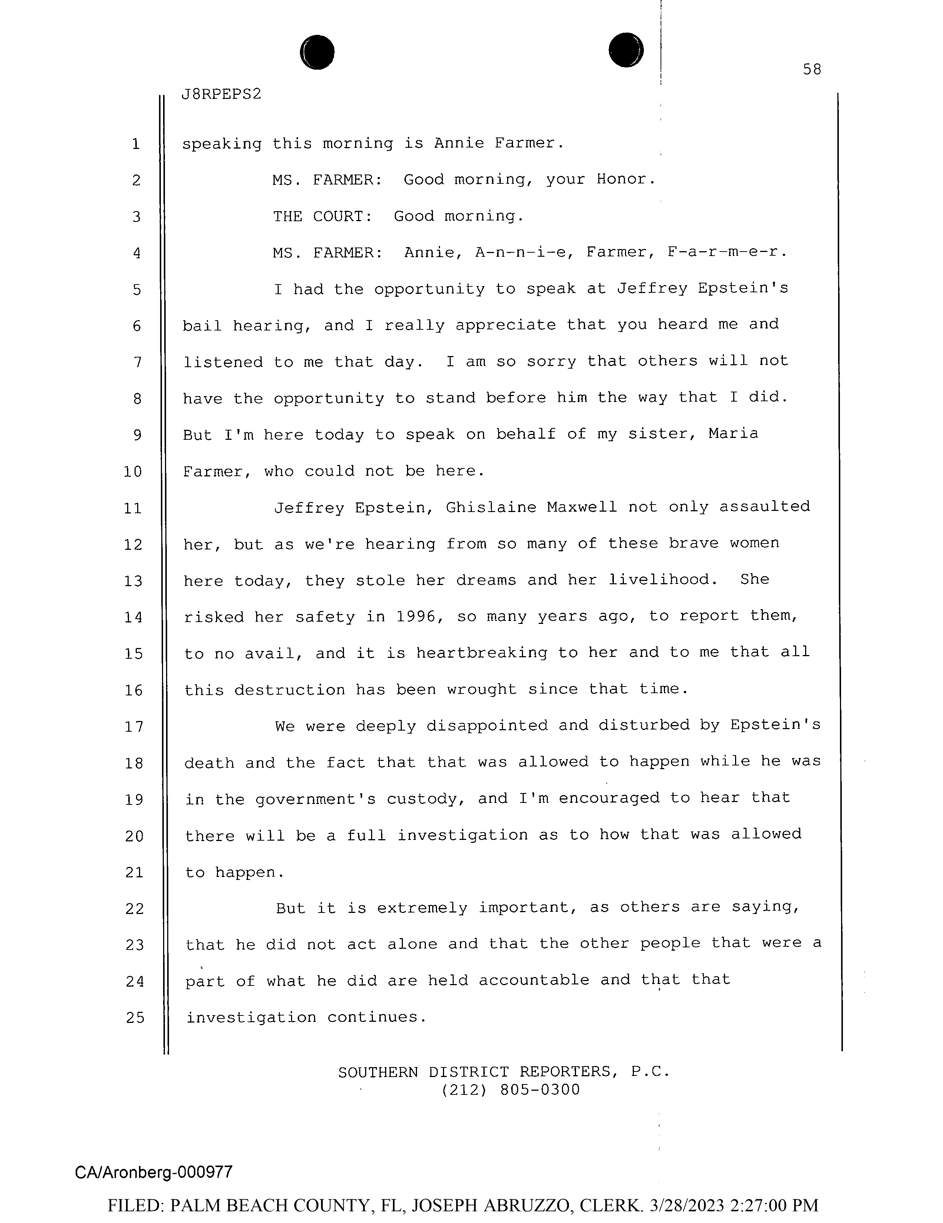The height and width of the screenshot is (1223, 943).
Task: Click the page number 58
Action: pos(811,69)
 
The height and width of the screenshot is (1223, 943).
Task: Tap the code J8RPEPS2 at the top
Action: pos(221,94)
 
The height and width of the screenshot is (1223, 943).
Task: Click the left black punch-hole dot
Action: pos(317,52)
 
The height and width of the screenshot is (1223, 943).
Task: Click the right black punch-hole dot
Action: pos(626,50)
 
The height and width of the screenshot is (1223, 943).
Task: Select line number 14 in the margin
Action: pos(133,618)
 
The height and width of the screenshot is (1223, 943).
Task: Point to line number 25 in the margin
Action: pos(135,1017)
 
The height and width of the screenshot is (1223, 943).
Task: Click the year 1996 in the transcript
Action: pos(416,617)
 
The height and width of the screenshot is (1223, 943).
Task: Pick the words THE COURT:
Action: pos(323,216)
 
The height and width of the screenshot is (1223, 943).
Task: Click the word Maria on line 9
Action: pos(733,434)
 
